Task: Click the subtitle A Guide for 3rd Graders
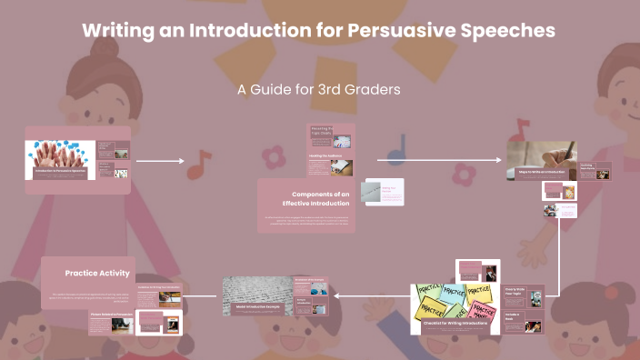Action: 319,90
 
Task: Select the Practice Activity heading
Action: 97,273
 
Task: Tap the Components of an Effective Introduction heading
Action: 320,199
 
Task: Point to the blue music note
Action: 396,149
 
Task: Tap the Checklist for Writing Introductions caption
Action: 454,323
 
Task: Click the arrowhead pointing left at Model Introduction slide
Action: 337,295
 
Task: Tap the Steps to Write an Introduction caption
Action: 542,172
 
